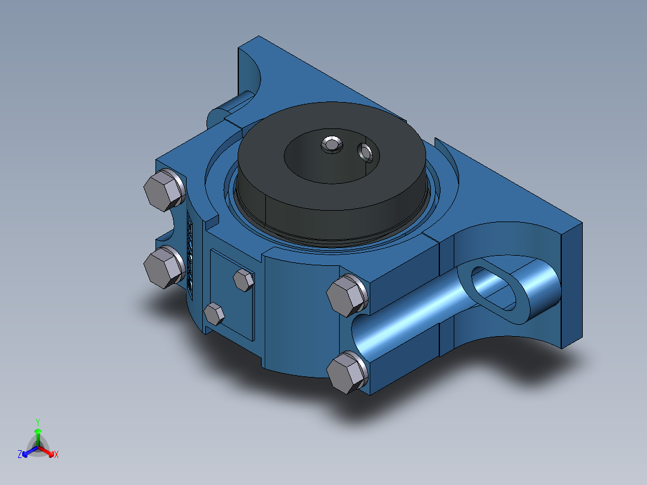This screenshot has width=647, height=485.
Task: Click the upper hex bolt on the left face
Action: coord(163,190)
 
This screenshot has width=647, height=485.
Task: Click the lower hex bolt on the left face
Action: coord(163,267)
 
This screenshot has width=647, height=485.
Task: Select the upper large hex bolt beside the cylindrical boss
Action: coord(346,295)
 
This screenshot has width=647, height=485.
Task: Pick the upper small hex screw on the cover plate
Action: coord(242,280)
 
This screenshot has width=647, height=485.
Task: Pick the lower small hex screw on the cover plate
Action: coord(214,313)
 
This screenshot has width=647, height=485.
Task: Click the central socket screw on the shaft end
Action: coord(331,144)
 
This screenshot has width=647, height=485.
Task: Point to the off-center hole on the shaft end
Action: coord(366,152)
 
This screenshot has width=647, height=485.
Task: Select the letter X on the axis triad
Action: coord(56,455)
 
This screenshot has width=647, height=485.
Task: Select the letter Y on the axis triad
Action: coord(37,422)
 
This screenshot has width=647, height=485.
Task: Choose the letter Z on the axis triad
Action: coord(20,455)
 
